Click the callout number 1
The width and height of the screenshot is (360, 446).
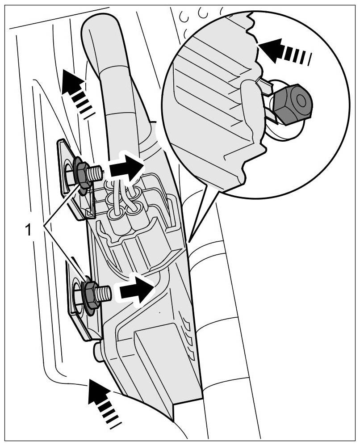tap(28, 230)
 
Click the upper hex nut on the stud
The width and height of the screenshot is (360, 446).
tap(82, 173)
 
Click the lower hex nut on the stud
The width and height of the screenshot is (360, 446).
tap(91, 293)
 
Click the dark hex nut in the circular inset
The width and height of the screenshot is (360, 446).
tap(293, 105)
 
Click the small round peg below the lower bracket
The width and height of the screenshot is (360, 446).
tap(98, 352)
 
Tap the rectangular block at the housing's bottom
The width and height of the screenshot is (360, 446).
tap(154, 358)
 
